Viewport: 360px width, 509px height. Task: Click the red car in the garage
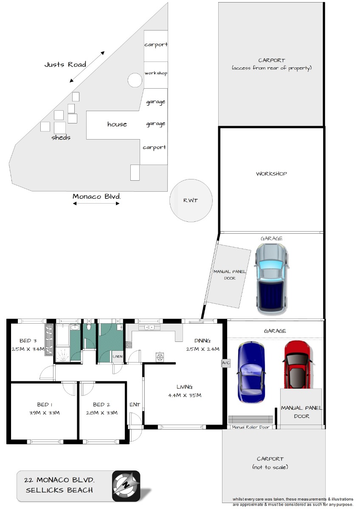click(x=298, y=365)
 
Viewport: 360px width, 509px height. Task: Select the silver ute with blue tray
click(x=272, y=279)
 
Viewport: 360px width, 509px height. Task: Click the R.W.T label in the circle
click(x=191, y=200)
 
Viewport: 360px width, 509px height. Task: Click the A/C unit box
click(x=225, y=363)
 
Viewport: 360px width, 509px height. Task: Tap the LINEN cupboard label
click(x=118, y=357)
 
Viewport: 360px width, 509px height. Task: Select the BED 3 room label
click(x=28, y=341)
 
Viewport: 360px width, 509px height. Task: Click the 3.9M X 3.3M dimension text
click(x=44, y=413)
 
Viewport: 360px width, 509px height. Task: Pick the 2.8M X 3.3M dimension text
click(x=101, y=413)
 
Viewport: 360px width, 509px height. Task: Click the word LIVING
click(x=184, y=387)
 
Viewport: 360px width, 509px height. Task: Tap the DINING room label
click(x=202, y=341)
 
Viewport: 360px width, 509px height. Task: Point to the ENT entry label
click(x=135, y=405)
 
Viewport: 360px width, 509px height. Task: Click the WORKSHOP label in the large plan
click(x=271, y=174)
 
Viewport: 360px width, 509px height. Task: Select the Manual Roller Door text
click(x=250, y=427)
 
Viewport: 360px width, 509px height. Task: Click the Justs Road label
click(x=65, y=64)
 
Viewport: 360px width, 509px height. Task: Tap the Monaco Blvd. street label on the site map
click(x=97, y=196)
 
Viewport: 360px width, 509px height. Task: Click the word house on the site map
click(x=117, y=124)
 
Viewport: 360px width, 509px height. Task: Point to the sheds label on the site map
click(x=61, y=137)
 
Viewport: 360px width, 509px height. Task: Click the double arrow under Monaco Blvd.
click(x=96, y=204)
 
